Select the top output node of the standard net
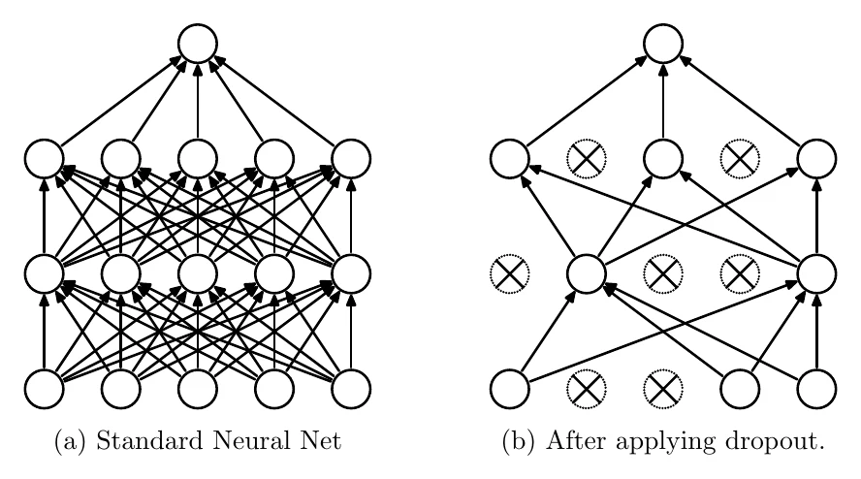(x=198, y=44)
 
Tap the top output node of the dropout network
(x=663, y=44)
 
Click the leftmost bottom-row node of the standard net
(x=45, y=389)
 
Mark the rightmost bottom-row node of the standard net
(x=351, y=389)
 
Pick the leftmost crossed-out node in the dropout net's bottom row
(x=587, y=389)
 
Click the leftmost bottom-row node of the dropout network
(x=510, y=389)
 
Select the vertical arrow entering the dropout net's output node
(x=663, y=101)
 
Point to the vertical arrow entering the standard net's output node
(x=198, y=101)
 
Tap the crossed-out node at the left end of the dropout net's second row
(x=510, y=273)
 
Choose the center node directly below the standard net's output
(x=198, y=159)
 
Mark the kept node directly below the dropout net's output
(x=663, y=159)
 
